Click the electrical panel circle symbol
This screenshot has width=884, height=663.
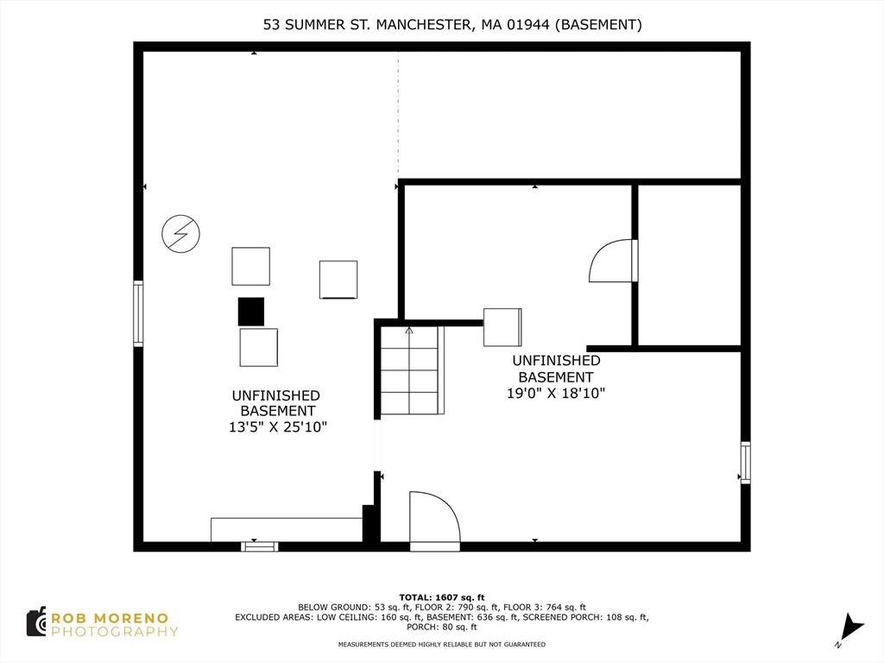180,233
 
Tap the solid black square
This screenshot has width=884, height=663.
251,312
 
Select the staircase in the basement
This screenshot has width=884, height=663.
411,370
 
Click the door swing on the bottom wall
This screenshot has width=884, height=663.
434,521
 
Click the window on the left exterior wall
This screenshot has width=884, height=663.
138,313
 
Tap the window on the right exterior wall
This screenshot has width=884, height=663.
745,463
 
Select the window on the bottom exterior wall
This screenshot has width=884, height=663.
259,546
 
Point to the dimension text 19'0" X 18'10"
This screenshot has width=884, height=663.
555,393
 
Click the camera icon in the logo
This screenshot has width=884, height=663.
36,622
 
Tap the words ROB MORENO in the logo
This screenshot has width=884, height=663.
109,617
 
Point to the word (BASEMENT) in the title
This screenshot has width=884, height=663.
598,25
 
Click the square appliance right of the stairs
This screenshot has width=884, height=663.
502,326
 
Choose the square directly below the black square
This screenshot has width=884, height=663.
259,347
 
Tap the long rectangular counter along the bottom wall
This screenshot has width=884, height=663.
286,529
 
